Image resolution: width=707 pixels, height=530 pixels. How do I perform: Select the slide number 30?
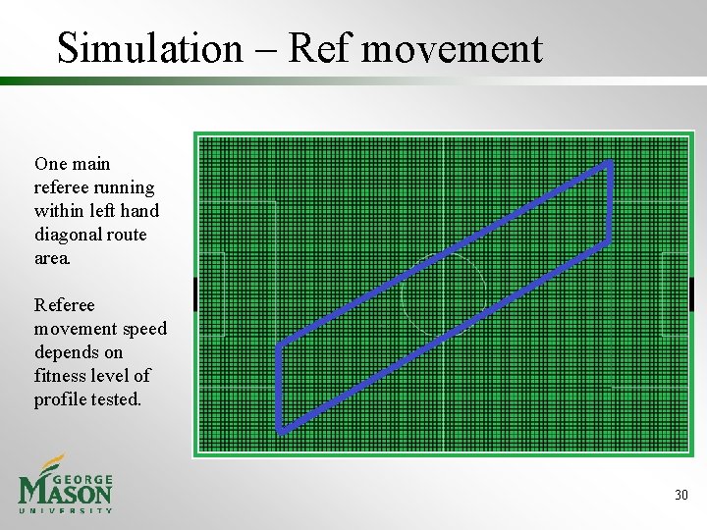[680, 495]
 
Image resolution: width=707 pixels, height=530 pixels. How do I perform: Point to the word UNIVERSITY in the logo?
[66, 510]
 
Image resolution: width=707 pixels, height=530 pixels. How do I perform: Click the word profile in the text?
[60, 399]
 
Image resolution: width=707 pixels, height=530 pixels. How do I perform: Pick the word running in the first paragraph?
[125, 187]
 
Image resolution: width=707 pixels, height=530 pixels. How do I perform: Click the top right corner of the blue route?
[610, 164]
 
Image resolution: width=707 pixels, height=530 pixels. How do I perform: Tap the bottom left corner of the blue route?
[280, 429]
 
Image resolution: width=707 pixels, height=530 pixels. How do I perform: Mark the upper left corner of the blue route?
[280, 344]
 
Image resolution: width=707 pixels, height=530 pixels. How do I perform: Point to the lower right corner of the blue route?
[610, 241]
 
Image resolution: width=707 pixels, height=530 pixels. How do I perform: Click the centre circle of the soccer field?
[443, 294]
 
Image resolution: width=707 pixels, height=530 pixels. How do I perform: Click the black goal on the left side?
[196, 294]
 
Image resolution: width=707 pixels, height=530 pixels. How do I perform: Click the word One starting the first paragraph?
[50, 164]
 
